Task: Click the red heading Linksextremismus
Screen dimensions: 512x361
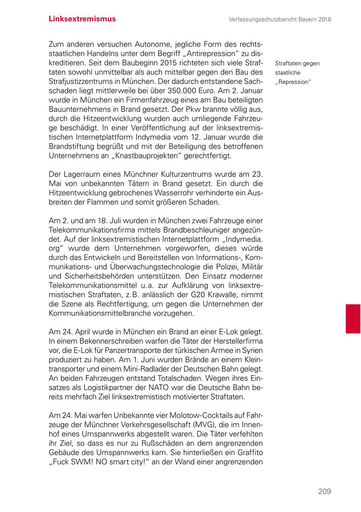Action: (82, 19)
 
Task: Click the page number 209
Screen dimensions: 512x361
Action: (324, 491)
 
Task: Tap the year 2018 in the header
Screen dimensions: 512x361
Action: (324, 19)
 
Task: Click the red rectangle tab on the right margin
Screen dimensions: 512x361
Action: (353, 319)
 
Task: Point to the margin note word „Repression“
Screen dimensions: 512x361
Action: (293, 82)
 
